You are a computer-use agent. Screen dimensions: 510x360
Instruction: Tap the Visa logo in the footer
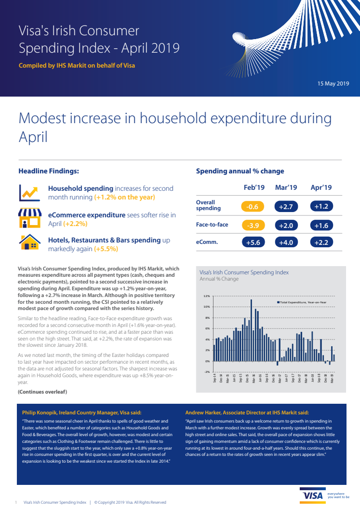tap(313, 496)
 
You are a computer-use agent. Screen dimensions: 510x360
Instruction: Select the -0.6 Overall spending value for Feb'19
tap(252, 207)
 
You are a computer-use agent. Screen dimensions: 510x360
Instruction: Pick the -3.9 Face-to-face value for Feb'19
tap(252, 225)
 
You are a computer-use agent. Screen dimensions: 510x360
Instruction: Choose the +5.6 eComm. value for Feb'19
tap(252, 242)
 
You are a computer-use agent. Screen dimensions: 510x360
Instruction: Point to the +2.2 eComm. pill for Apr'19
tap(321, 242)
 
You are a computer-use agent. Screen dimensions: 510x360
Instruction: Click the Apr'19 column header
tap(321, 187)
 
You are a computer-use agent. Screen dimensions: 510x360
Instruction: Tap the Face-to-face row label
tap(212, 225)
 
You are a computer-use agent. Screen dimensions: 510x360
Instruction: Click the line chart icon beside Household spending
tap(29, 193)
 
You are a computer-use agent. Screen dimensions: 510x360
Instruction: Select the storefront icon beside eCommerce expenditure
tap(29, 218)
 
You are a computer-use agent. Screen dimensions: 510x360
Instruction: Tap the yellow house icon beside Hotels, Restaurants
tap(29, 243)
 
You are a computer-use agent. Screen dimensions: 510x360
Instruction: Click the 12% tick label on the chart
tap(207, 296)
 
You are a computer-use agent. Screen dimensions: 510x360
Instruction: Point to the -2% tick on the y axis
tap(207, 372)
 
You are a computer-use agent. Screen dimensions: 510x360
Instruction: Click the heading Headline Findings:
tap(48, 171)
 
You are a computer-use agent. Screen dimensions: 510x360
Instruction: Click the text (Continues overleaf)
tap(42, 391)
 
